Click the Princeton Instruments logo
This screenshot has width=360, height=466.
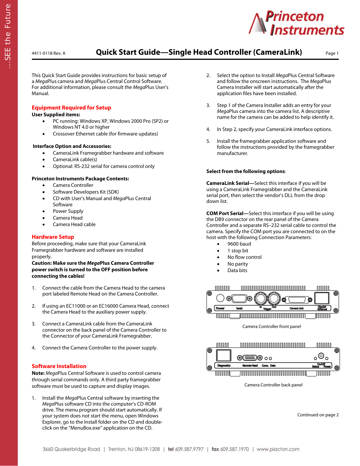(x=296, y=23)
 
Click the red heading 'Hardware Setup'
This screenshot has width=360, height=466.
(x=53, y=237)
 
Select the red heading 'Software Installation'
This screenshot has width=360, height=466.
(x=59, y=366)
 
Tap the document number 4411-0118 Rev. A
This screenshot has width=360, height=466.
(x=48, y=53)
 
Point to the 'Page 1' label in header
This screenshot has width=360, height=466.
(x=332, y=53)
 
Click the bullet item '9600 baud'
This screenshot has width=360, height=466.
(x=239, y=244)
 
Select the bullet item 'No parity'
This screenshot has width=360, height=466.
(x=237, y=264)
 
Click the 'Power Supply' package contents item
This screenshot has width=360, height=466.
(x=68, y=211)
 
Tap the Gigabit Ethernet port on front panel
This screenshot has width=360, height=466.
(x=322, y=298)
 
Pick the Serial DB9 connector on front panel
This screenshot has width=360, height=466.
(x=239, y=298)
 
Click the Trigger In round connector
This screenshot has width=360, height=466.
(x=260, y=298)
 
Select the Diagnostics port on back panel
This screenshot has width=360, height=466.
(x=224, y=355)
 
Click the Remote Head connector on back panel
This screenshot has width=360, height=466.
(x=250, y=358)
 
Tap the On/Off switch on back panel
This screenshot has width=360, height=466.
(x=321, y=356)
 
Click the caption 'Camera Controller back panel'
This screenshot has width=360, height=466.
(x=273, y=385)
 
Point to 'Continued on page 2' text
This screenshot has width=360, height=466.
(x=318, y=415)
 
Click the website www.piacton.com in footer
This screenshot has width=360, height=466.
(x=278, y=449)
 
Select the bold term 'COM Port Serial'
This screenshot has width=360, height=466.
(x=225, y=213)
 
